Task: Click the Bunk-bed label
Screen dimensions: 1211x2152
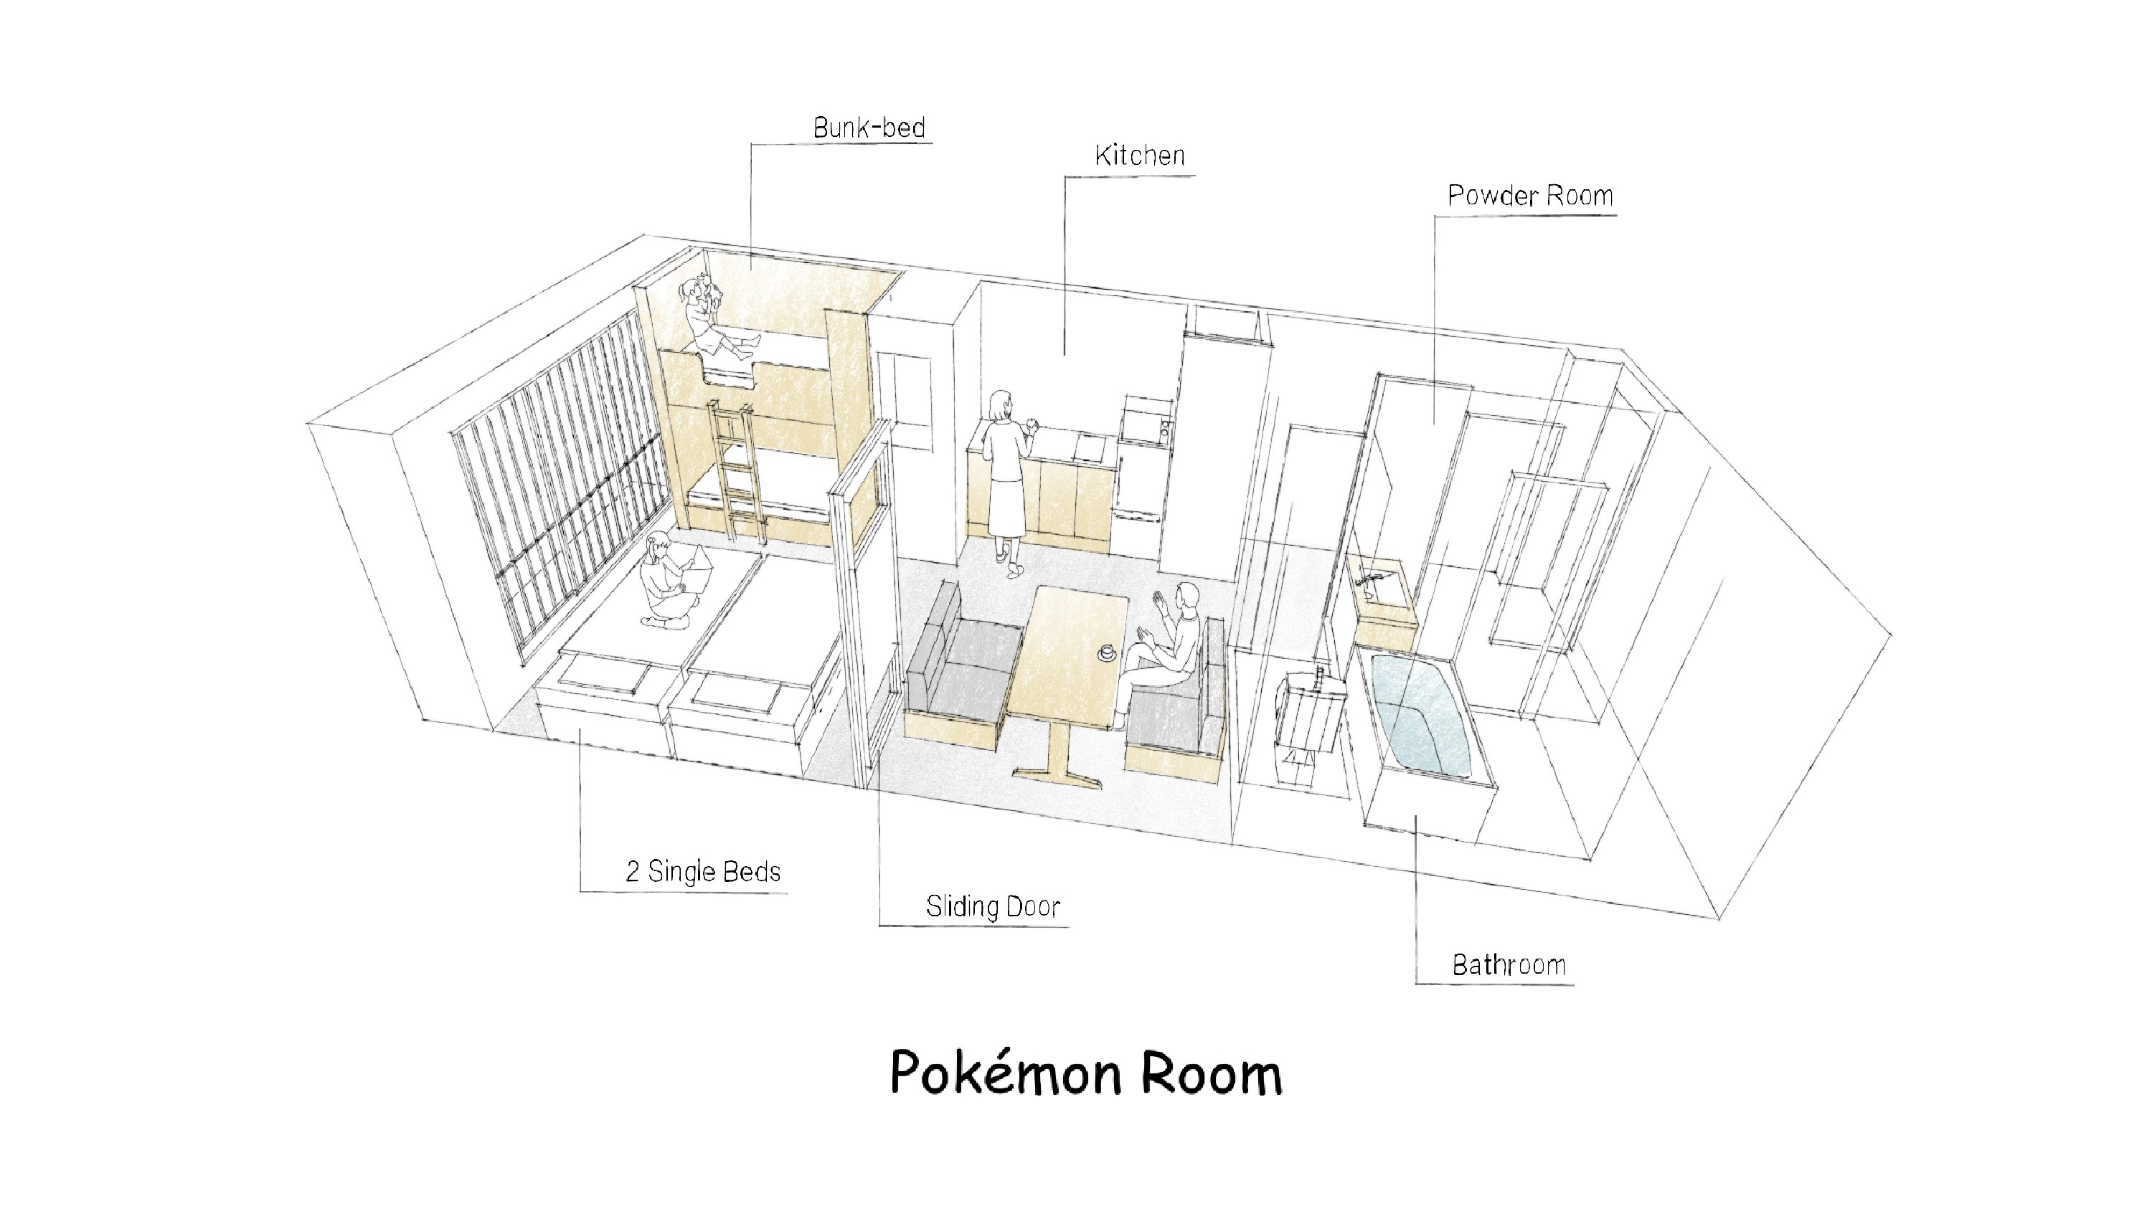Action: (869, 128)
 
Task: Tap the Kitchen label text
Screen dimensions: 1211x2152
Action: (1140, 156)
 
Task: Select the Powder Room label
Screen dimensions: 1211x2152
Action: (1529, 196)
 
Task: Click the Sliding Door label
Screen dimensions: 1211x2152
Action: (993, 907)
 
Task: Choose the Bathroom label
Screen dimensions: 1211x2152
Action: (1509, 966)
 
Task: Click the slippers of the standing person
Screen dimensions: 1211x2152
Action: (1011, 567)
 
